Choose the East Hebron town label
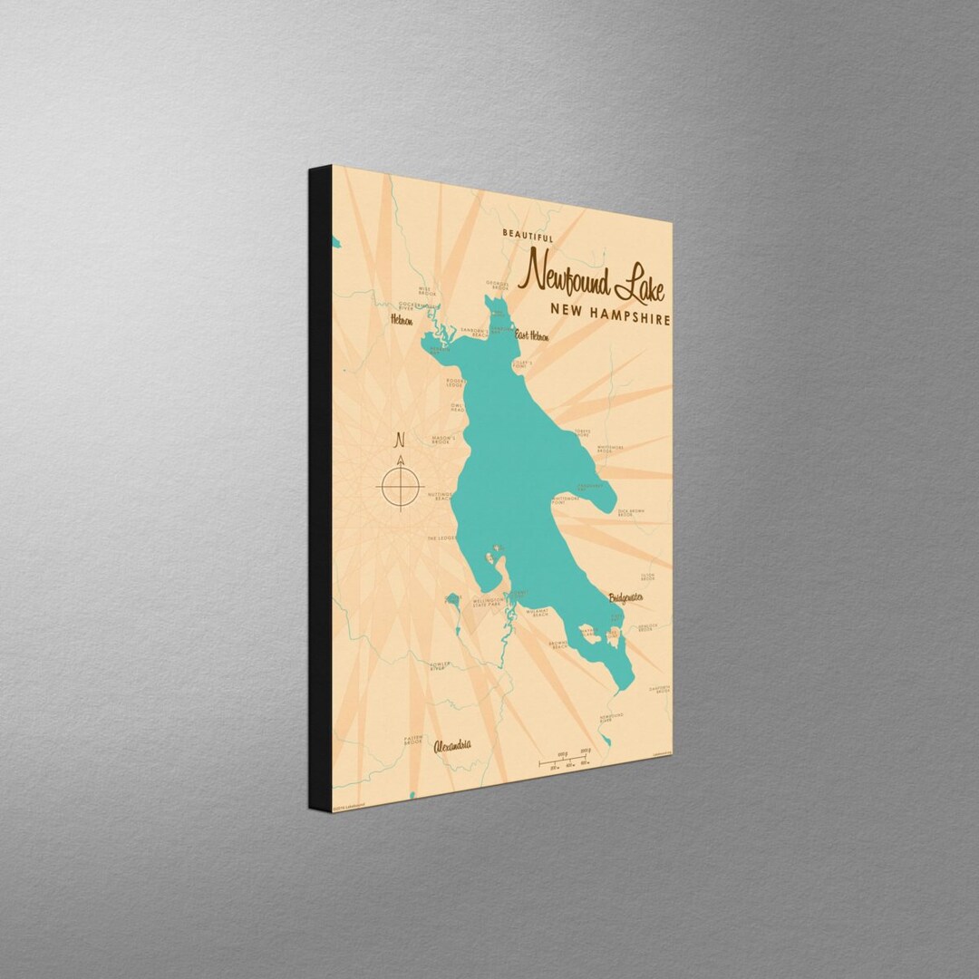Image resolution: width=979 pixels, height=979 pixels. click(533, 336)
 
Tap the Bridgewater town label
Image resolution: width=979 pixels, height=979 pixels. click(626, 597)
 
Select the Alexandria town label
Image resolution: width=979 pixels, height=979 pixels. click(452, 746)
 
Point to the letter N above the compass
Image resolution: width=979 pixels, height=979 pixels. click(399, 441)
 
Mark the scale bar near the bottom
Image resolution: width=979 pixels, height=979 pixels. click(564, 762)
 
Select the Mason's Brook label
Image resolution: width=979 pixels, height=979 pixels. click(443, 440)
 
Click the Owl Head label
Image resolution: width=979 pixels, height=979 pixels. click(457, 407)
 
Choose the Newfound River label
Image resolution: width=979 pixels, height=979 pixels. click(611, 718)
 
